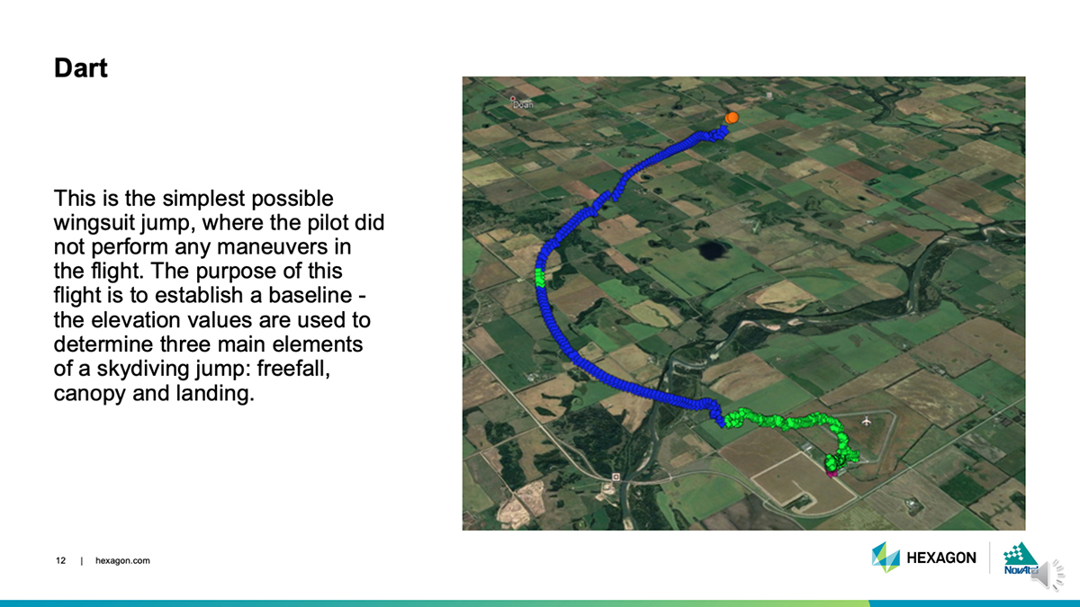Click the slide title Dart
coord(80,68)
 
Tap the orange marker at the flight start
coord(732,118)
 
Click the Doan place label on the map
coord(523,104)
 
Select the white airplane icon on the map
coord(867,422)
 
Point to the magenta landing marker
coord(832,474)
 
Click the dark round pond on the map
coord(711,250)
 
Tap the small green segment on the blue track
coord(540,278)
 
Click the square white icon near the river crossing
coord(616,477)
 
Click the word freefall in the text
coord(293,369)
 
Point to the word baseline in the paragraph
coord(310,295)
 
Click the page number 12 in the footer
coord(61,561)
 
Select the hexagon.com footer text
coord(122,561)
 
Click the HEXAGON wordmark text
coord(941,558)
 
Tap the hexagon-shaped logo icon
coord(886,557)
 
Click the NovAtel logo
coord(1021,558)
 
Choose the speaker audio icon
coord(1048,576)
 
